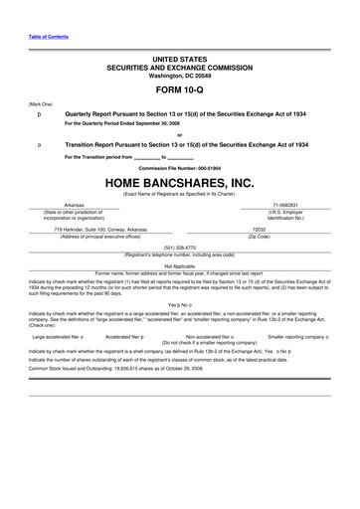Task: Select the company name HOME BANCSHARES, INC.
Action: (179, 183)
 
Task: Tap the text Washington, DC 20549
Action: (179, 75)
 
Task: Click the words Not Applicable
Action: (179, 265)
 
